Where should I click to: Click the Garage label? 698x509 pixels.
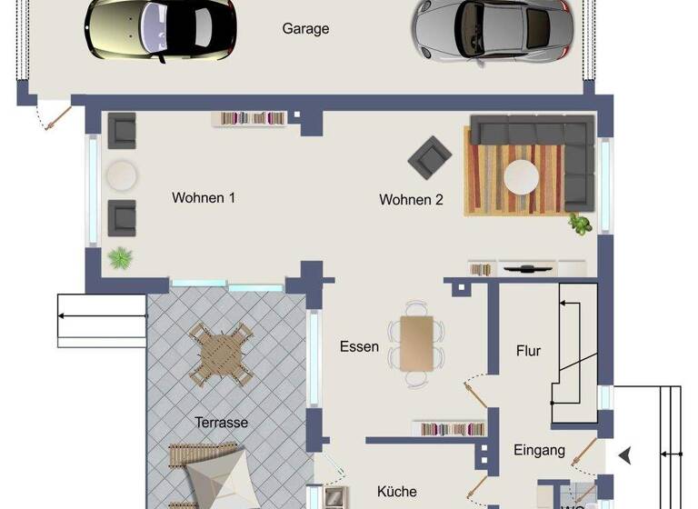[x=305, y=29]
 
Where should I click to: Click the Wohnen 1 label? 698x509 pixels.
[x=204, y=197]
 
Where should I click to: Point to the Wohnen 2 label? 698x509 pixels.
[x=411, y=200]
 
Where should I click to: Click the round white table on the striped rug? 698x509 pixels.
[x=522, y=176]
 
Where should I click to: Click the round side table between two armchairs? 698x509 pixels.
[x=121, y=175]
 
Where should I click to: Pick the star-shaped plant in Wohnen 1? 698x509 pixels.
[x=120, y=258]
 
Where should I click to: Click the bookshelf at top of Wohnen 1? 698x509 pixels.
[x=251, y=118]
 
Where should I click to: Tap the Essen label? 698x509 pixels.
[x=359, y=346]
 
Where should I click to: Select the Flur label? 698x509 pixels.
[x=529, y=351]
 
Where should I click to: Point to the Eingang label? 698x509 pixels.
[x=540, y=450]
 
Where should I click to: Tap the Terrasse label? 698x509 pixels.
[x=221, y=423]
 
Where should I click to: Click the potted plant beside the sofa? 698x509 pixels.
[x=579, y=223]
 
